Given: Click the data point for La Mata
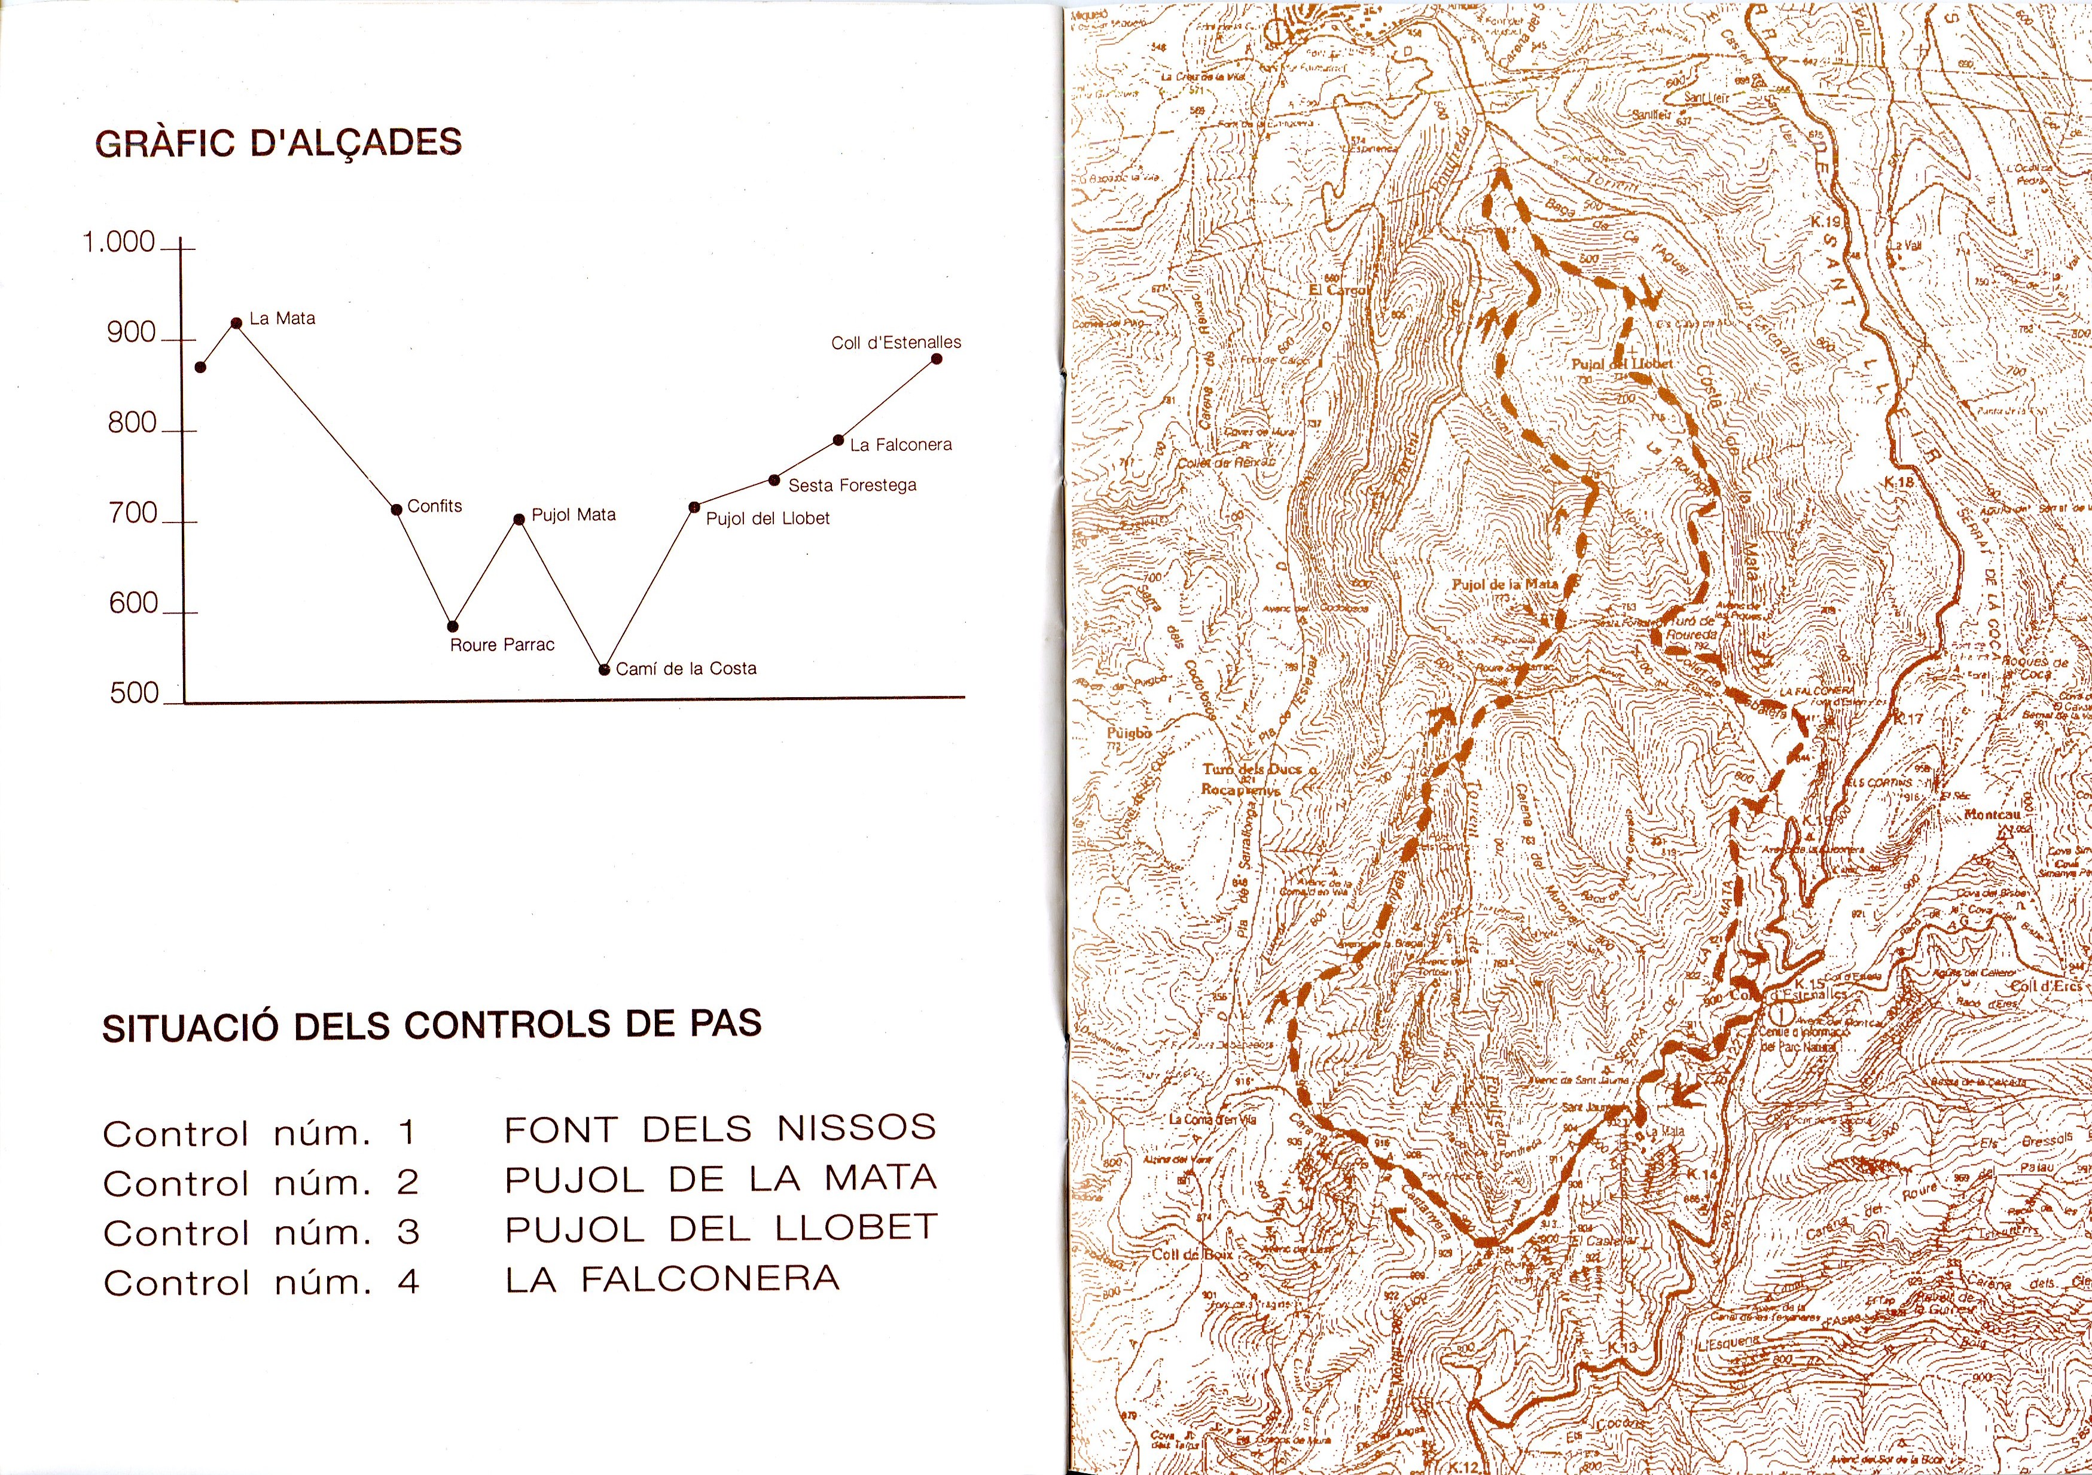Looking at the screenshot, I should tap(236, 322).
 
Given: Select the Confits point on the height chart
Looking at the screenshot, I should tap(397, 509).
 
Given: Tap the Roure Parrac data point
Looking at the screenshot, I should tap(453, 626).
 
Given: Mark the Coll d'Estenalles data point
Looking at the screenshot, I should tap(937, 359).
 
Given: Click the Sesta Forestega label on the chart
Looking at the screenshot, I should tap(852, 485).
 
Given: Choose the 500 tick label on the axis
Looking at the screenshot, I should tap(134, 694).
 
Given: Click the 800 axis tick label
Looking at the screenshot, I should tap(133, 424).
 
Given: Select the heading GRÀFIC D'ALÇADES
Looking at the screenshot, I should tap(279, 143).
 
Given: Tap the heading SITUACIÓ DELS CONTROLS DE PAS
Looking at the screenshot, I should tap(432, 1026).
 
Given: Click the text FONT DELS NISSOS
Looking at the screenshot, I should tap(720, 1129).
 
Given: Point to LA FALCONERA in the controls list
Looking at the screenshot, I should tap(672, 1279).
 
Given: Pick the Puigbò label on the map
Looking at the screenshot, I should tap(1130, 732).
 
